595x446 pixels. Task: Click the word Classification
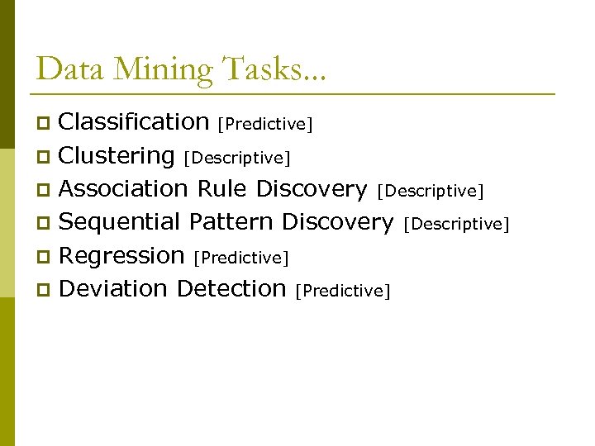[x=134, y=122]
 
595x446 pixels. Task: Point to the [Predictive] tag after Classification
[x=264, y=125]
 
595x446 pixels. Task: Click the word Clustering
[x=117, y=156]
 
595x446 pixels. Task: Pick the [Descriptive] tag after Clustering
[x=237, y=158]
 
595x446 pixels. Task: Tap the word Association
[x=124, y=189]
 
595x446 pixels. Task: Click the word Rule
[x=221, y=189]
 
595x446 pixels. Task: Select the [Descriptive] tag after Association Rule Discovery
[x=430, y=192]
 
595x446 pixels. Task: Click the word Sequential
[x=120, y=222]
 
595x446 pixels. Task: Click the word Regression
[x=121, y=256]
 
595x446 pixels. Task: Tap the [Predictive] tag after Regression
[x=240, y=259]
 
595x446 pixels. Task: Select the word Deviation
[x=114, y=289]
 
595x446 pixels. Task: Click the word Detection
[x=231, y=289]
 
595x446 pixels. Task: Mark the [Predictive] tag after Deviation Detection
[x=342, y=292]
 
